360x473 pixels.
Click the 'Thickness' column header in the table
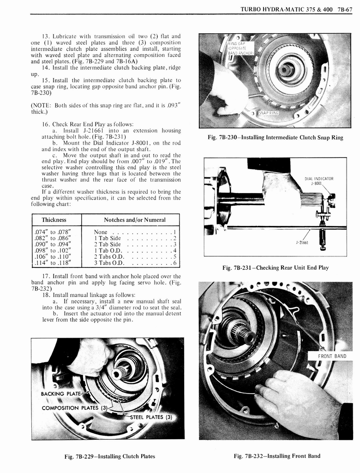54,219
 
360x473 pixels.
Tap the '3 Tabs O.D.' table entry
109,263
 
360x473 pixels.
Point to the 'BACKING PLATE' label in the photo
60,394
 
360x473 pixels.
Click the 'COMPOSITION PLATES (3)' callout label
74,408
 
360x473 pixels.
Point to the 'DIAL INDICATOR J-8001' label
319,181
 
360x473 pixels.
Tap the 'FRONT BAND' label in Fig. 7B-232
332,356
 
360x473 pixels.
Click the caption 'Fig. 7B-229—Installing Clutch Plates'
109,456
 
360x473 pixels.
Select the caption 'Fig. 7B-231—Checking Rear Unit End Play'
275,268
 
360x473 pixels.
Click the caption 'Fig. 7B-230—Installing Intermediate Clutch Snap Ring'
276,138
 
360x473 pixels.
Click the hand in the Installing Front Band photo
295,402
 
